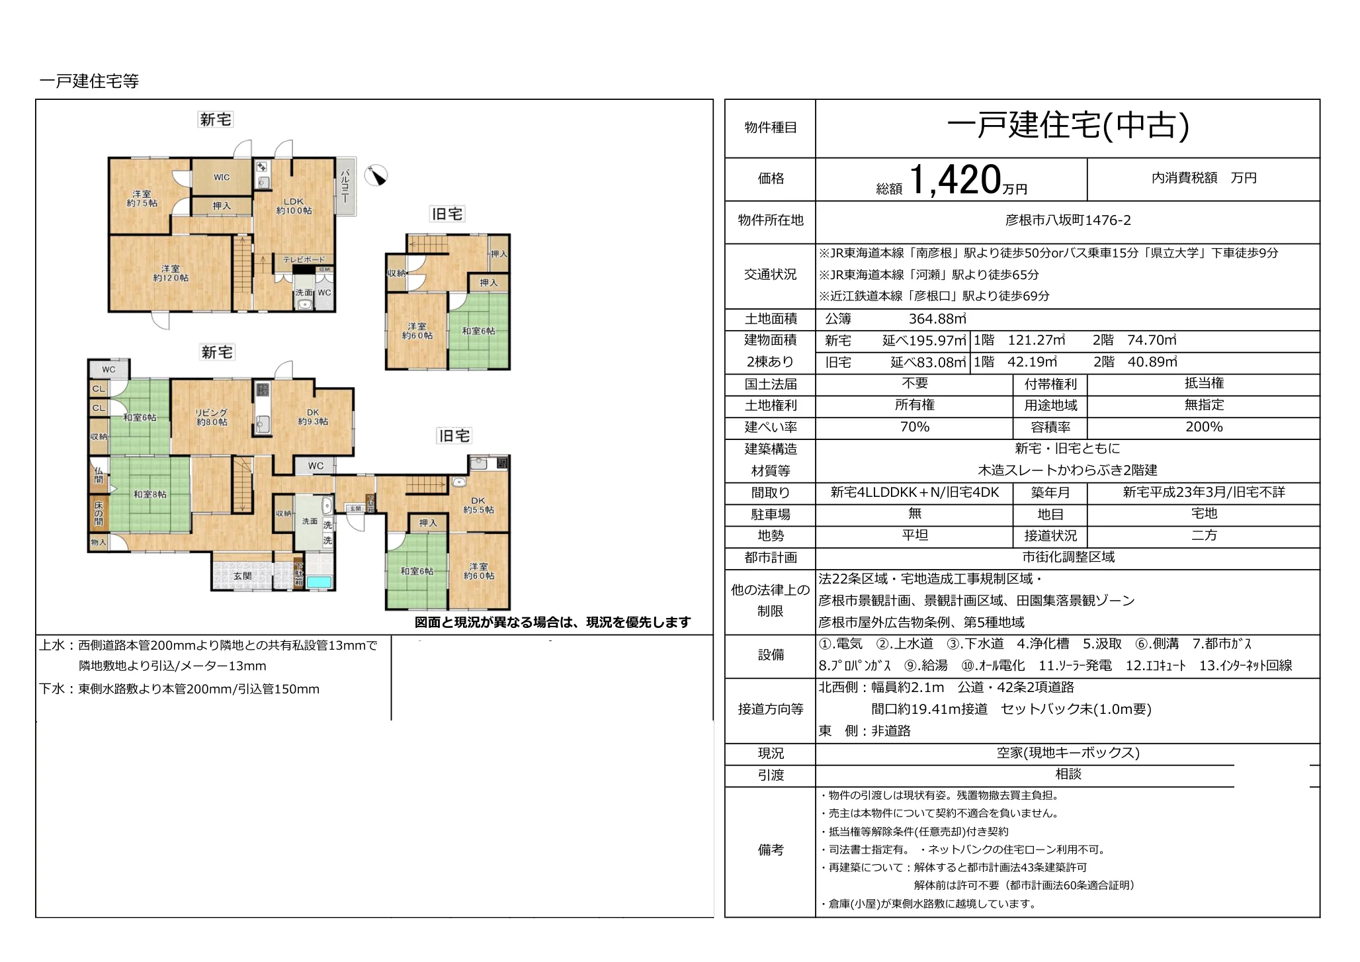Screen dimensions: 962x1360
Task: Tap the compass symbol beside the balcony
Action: click(x=376, y=175)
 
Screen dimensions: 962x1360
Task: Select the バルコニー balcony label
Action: click(x=345, y=186)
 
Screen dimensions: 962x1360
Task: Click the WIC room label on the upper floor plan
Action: click(x=222, y=177)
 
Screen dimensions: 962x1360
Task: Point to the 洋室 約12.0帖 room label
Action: click(x=171, y=273)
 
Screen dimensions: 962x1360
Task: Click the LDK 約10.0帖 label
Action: click(x=294, y=206)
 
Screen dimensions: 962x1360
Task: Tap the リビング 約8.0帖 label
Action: click(x=212, y=417)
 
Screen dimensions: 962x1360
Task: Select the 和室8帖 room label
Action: click(x=149, y=494)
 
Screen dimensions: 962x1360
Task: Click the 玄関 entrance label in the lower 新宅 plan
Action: click(x=242, y=576)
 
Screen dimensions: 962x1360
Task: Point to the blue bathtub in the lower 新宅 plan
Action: click(x=318, y=582)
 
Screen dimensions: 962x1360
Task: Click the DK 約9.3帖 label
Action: click(x=313, y=417)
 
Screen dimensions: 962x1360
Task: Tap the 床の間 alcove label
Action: click(x=99, y=513)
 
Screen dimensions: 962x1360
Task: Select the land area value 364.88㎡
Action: click(x=937, y=319)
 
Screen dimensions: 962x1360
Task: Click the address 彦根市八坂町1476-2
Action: click(x=1068, y=220)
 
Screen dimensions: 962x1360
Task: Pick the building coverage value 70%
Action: click(x=914, y=427)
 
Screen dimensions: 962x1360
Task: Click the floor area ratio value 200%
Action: click(x=1203, y=427)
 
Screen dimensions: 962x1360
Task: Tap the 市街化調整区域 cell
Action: click(x=1068, y=557)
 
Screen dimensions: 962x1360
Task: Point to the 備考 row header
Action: click(x=770, y=850)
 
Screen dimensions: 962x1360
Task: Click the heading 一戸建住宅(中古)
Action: click(x=1068, y=126)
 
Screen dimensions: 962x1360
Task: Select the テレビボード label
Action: click(x=304, y=259)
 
